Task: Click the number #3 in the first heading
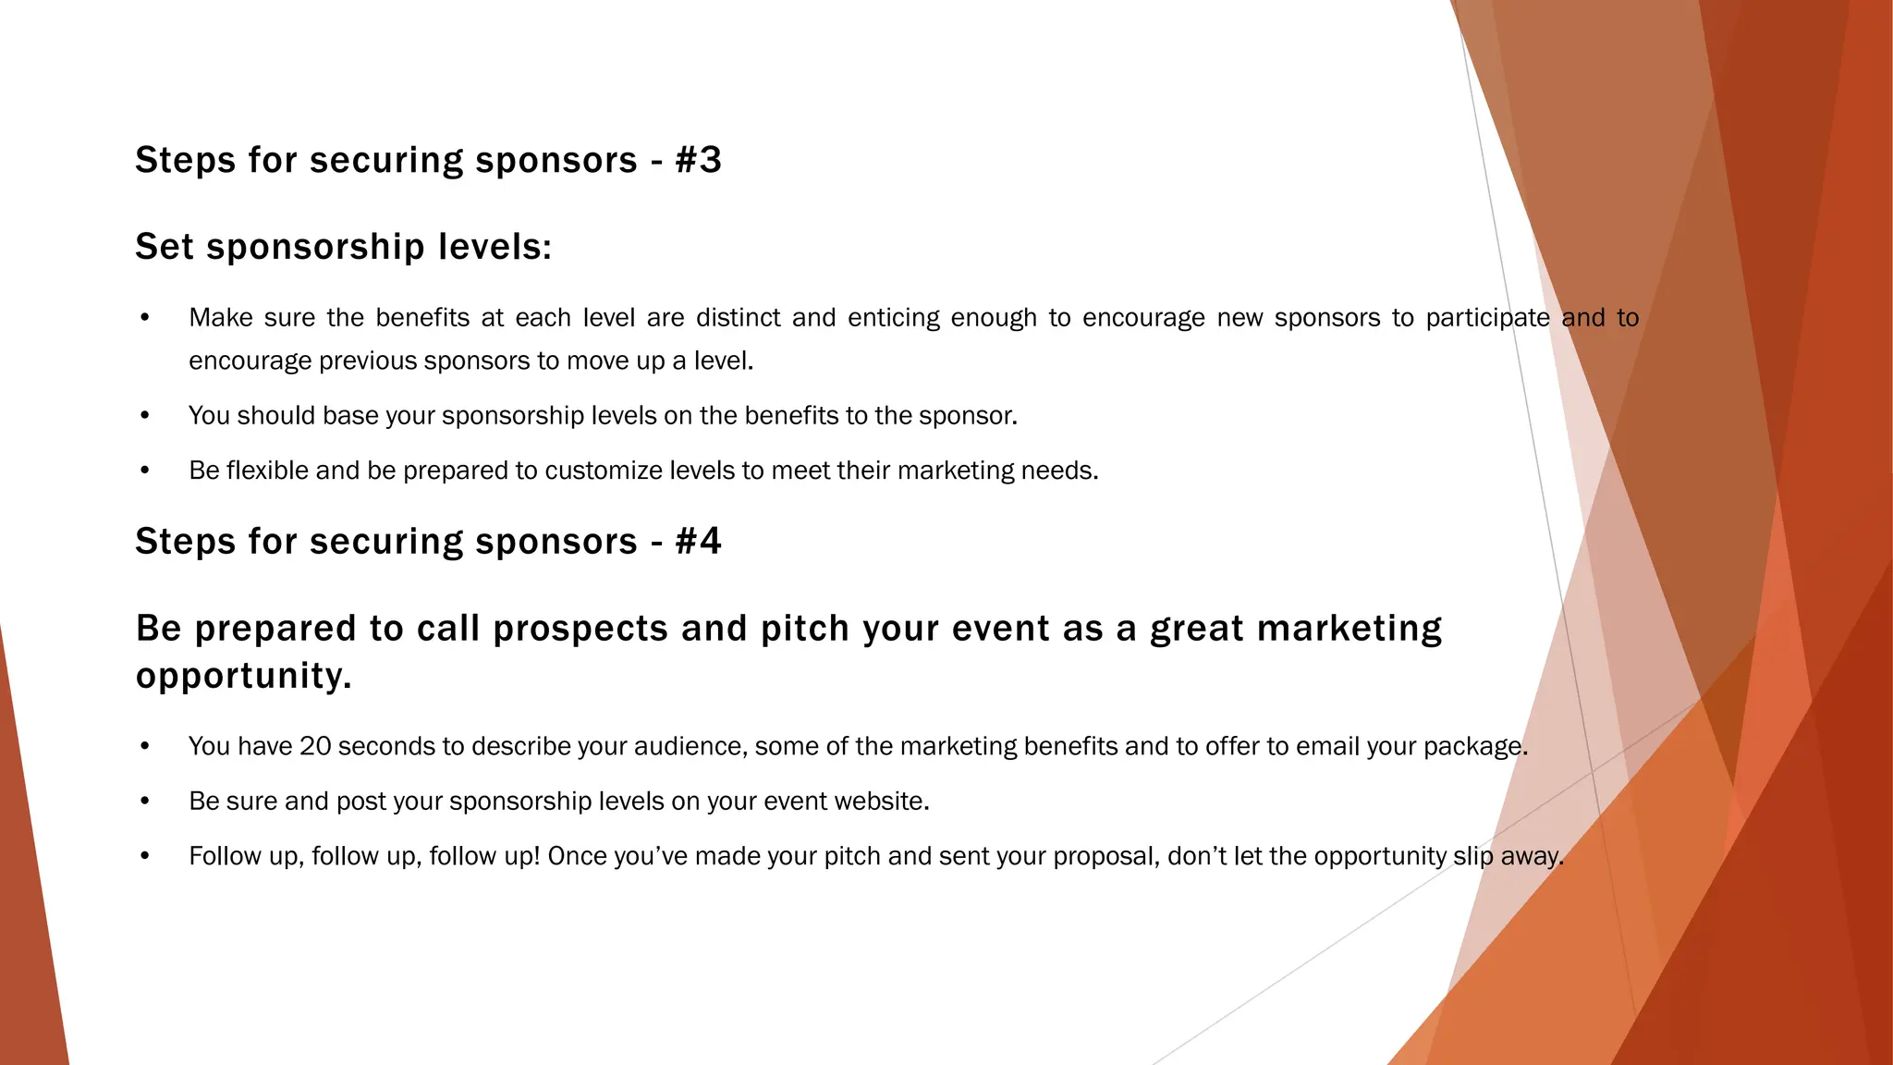click(698, 160)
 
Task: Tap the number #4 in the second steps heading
click(698, 541)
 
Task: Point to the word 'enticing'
click(893, 318)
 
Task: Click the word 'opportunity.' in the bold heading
click(244, 676)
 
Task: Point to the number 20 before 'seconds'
click(315, 746)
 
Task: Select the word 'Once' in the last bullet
click(577, 856)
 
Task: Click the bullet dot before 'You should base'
click(145, 416)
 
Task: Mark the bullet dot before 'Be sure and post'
click(145, 802)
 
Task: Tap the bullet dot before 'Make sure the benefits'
click(145, 318)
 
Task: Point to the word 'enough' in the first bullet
click(994, 318)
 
